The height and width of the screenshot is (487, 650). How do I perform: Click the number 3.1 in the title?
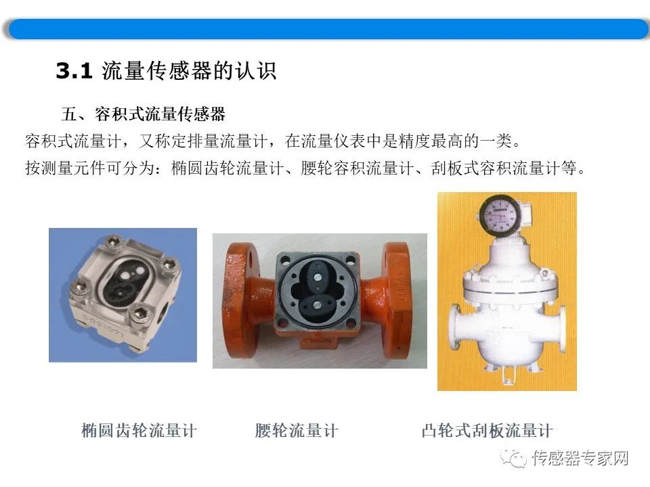tap(74, 70)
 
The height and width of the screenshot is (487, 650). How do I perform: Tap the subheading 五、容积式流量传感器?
tap(144, 114)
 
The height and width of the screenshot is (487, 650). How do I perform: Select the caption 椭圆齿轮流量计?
tap(139, 430)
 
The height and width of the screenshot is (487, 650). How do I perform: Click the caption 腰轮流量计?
tap(297, 430)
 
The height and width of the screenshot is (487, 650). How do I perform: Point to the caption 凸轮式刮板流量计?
tap(487, 430)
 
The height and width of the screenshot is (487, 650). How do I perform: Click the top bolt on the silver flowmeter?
tap(111, 242)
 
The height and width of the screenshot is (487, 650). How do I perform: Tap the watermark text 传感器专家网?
tap(580, 459)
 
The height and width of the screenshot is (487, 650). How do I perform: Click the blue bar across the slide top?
tap(328, 29)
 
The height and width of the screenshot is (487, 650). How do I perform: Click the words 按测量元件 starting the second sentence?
tap(66, 168)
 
